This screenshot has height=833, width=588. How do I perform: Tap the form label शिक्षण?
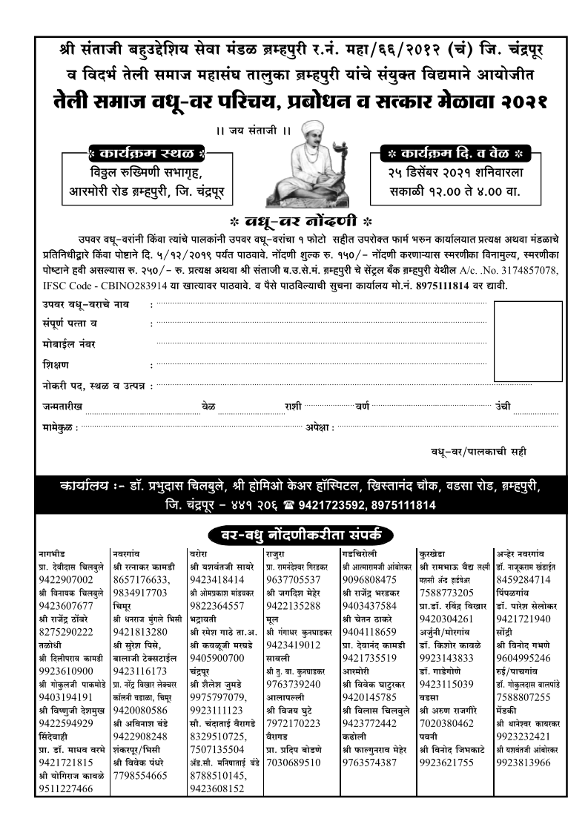tap(56, 365)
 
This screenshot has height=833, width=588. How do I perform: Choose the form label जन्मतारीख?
tap(62, 406)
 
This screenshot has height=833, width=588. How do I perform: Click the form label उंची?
tap(503, 406)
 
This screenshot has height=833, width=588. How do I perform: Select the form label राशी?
tap(292, 406)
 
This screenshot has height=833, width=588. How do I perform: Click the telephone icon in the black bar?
tap(286, 505)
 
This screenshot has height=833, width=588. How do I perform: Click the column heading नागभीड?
tap(53, 553)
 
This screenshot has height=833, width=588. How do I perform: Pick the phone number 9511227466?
tap(66, 788)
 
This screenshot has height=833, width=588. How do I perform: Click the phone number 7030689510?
tap(293, 762)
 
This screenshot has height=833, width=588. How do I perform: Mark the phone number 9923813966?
tap(523, 762)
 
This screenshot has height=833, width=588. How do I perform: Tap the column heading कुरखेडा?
tap(432, 553)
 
